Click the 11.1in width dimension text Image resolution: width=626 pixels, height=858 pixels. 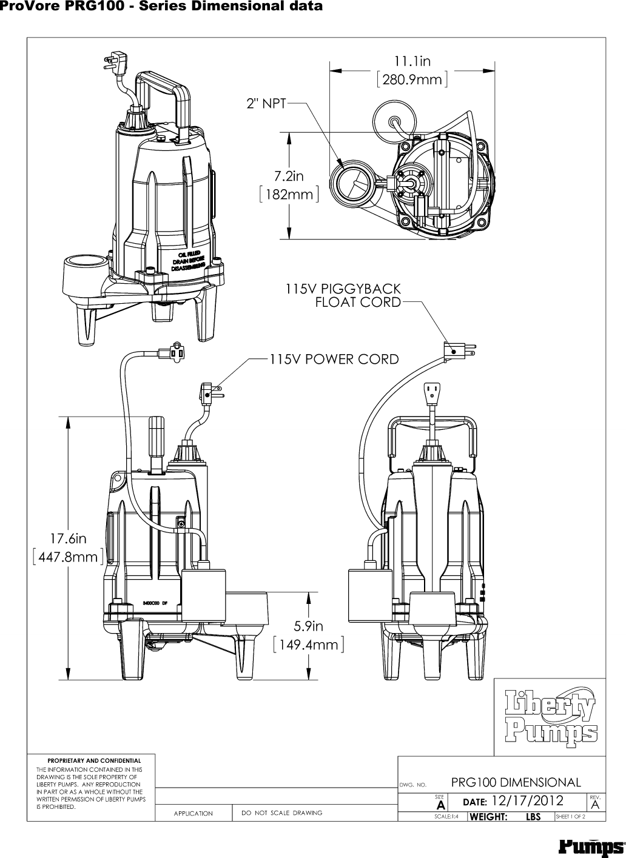pos(412,61)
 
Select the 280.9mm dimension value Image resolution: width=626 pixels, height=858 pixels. pos(412,79)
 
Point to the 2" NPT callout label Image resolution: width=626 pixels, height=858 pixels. pos(265,104)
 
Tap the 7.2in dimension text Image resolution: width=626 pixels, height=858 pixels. pos(288,176)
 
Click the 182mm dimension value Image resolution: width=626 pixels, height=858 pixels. pos(288,195)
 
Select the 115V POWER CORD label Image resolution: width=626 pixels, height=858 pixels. pos(334,359)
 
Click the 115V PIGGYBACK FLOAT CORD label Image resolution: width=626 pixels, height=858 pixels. pos(343,295)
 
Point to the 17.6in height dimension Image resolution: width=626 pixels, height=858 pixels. pos(68,538)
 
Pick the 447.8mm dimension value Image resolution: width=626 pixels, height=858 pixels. pos(68,557)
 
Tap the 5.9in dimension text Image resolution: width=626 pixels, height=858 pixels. pos(309,625)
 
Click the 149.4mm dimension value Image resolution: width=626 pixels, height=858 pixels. pos(309,644)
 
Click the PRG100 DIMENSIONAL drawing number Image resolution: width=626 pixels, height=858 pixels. pos(516,782)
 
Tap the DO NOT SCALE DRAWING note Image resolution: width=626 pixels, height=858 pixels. pos(281,813)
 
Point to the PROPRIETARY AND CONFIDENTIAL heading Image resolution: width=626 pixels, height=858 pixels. pos(94,760)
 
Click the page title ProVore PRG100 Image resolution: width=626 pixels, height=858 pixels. pos(161,7)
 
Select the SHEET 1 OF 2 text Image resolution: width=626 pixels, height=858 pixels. pos(570,817)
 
